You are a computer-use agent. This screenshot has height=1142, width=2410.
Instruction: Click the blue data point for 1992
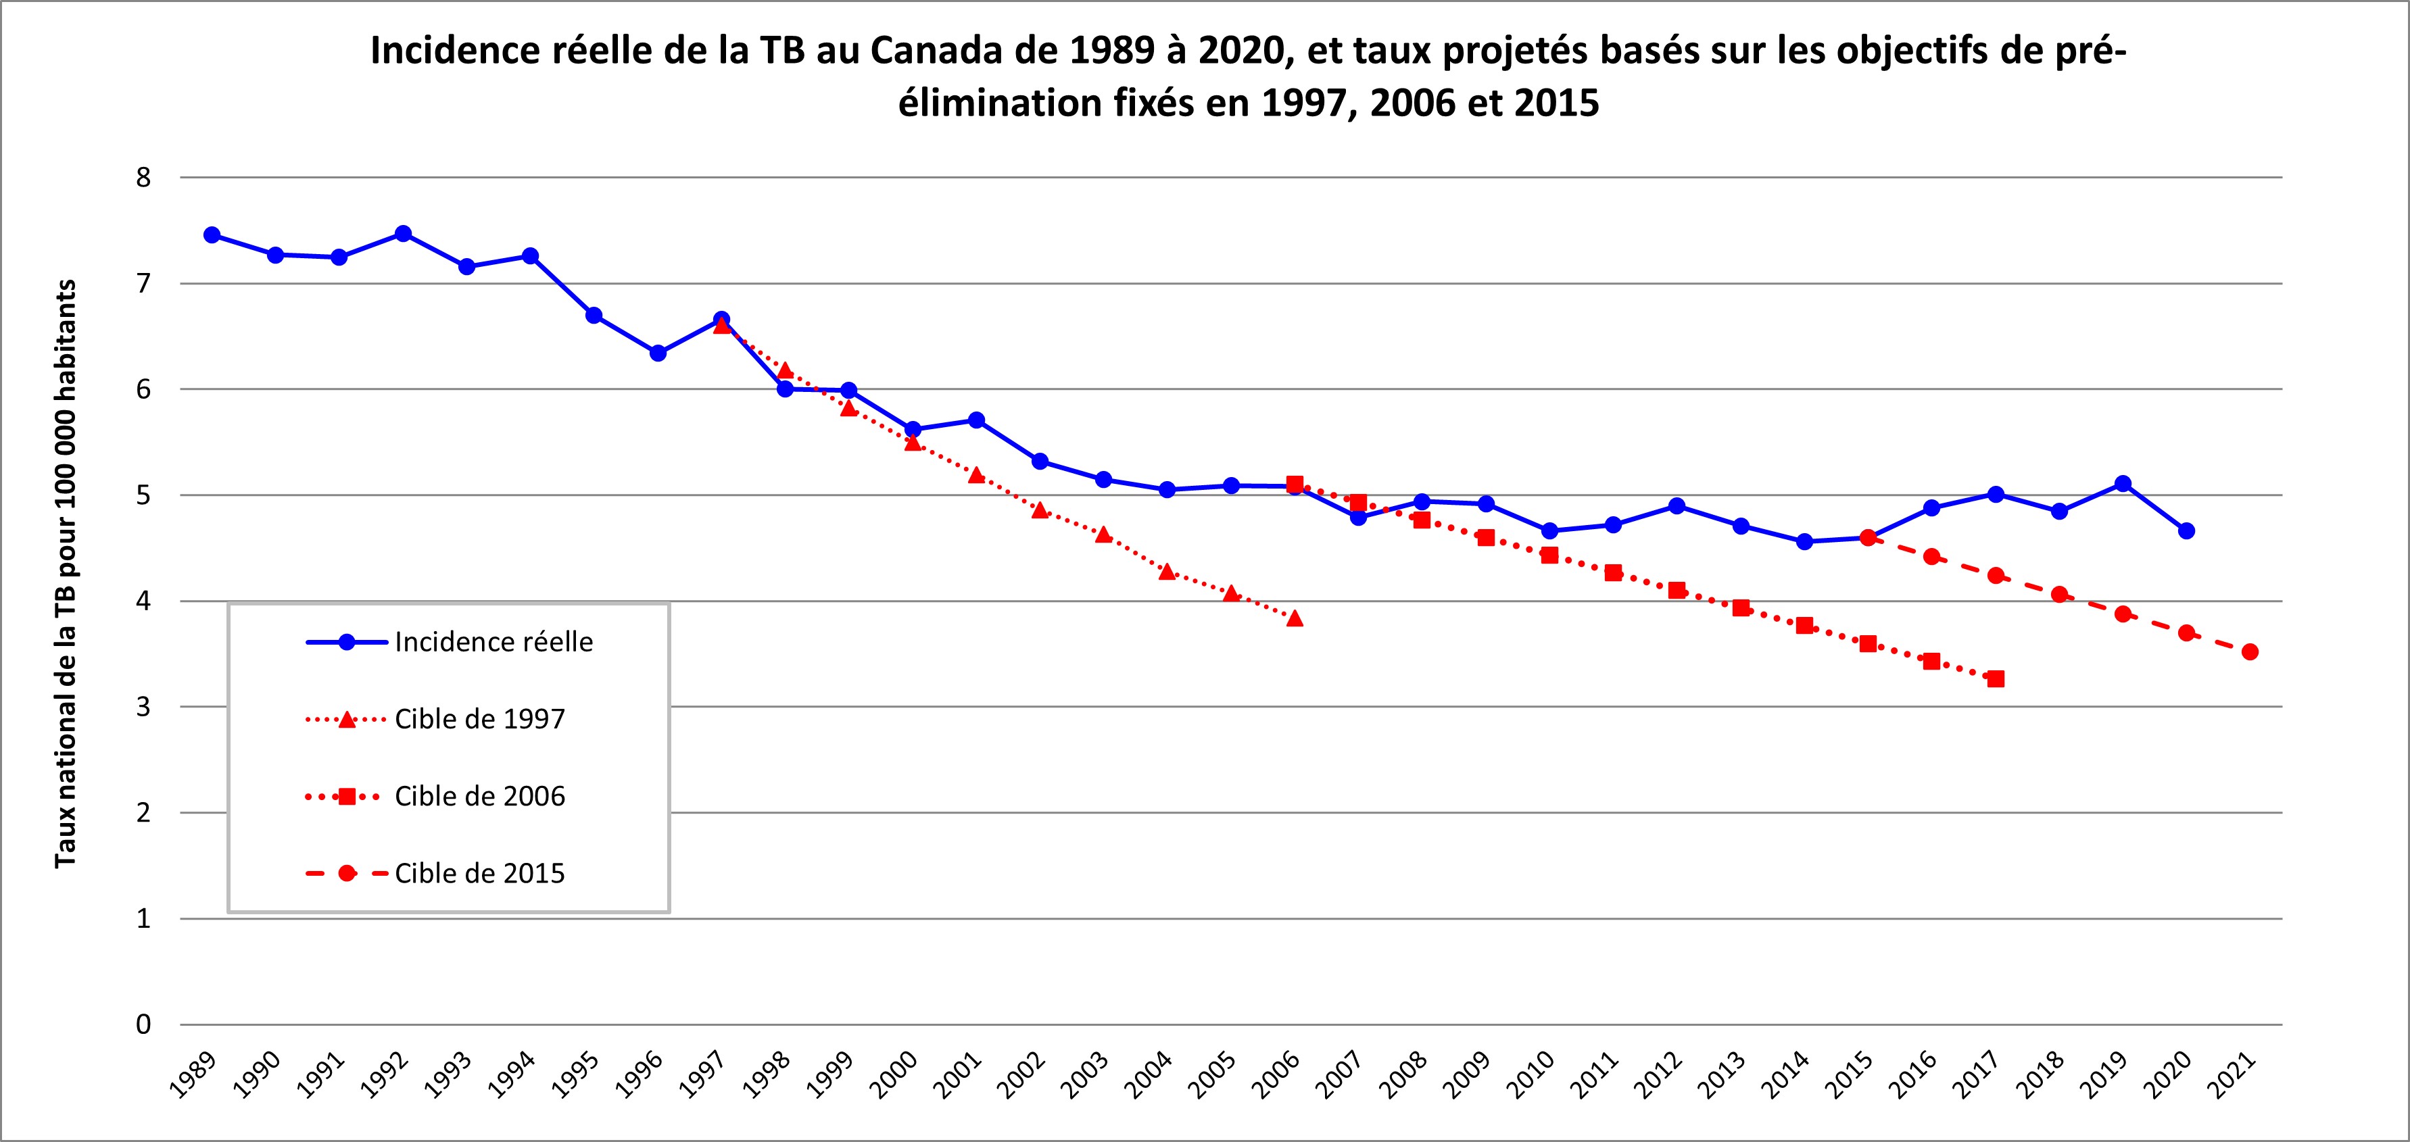point(403,234)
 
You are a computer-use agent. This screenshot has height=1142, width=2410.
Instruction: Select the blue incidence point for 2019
point(2123,484)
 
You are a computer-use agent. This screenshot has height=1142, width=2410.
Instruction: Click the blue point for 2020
point(2186,531)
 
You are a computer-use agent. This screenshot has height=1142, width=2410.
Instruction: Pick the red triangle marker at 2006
point(1295,618)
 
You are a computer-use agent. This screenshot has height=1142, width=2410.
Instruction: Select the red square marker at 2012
point(1677,590)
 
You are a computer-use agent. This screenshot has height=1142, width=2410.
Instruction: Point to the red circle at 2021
point(2250,652)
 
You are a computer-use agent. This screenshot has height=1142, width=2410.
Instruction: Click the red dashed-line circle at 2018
point(2059,595)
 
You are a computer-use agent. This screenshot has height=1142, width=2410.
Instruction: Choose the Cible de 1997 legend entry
point(479,719)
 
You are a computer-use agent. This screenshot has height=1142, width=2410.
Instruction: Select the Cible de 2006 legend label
point(479,797)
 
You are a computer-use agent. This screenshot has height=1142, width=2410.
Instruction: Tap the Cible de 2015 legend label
point(479,874)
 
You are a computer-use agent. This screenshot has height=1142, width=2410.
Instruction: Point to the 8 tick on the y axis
point(143,178)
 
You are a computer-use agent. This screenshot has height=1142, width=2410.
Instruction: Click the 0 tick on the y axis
point(143,1025)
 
